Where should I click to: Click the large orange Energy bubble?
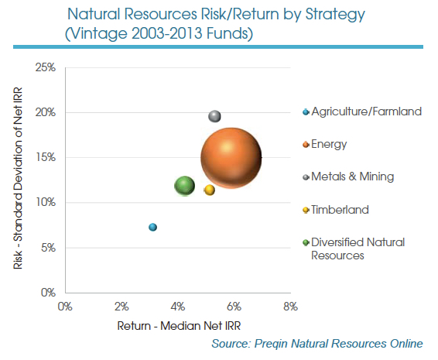pos(231,157)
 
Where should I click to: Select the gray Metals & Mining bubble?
pos(215,116)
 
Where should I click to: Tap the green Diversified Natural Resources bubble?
pos(184,186)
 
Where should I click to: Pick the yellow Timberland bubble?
pos(210,190)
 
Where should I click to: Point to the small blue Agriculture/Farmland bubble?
pos(152,227)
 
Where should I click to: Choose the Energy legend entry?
pos(329,144)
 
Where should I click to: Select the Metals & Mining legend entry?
pos(352,177)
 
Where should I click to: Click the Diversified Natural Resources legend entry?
pos(357,249)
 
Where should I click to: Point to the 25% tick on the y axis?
pos(46,67)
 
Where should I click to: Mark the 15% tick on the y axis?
pos(46,158)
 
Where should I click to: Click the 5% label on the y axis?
pos(49,248)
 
